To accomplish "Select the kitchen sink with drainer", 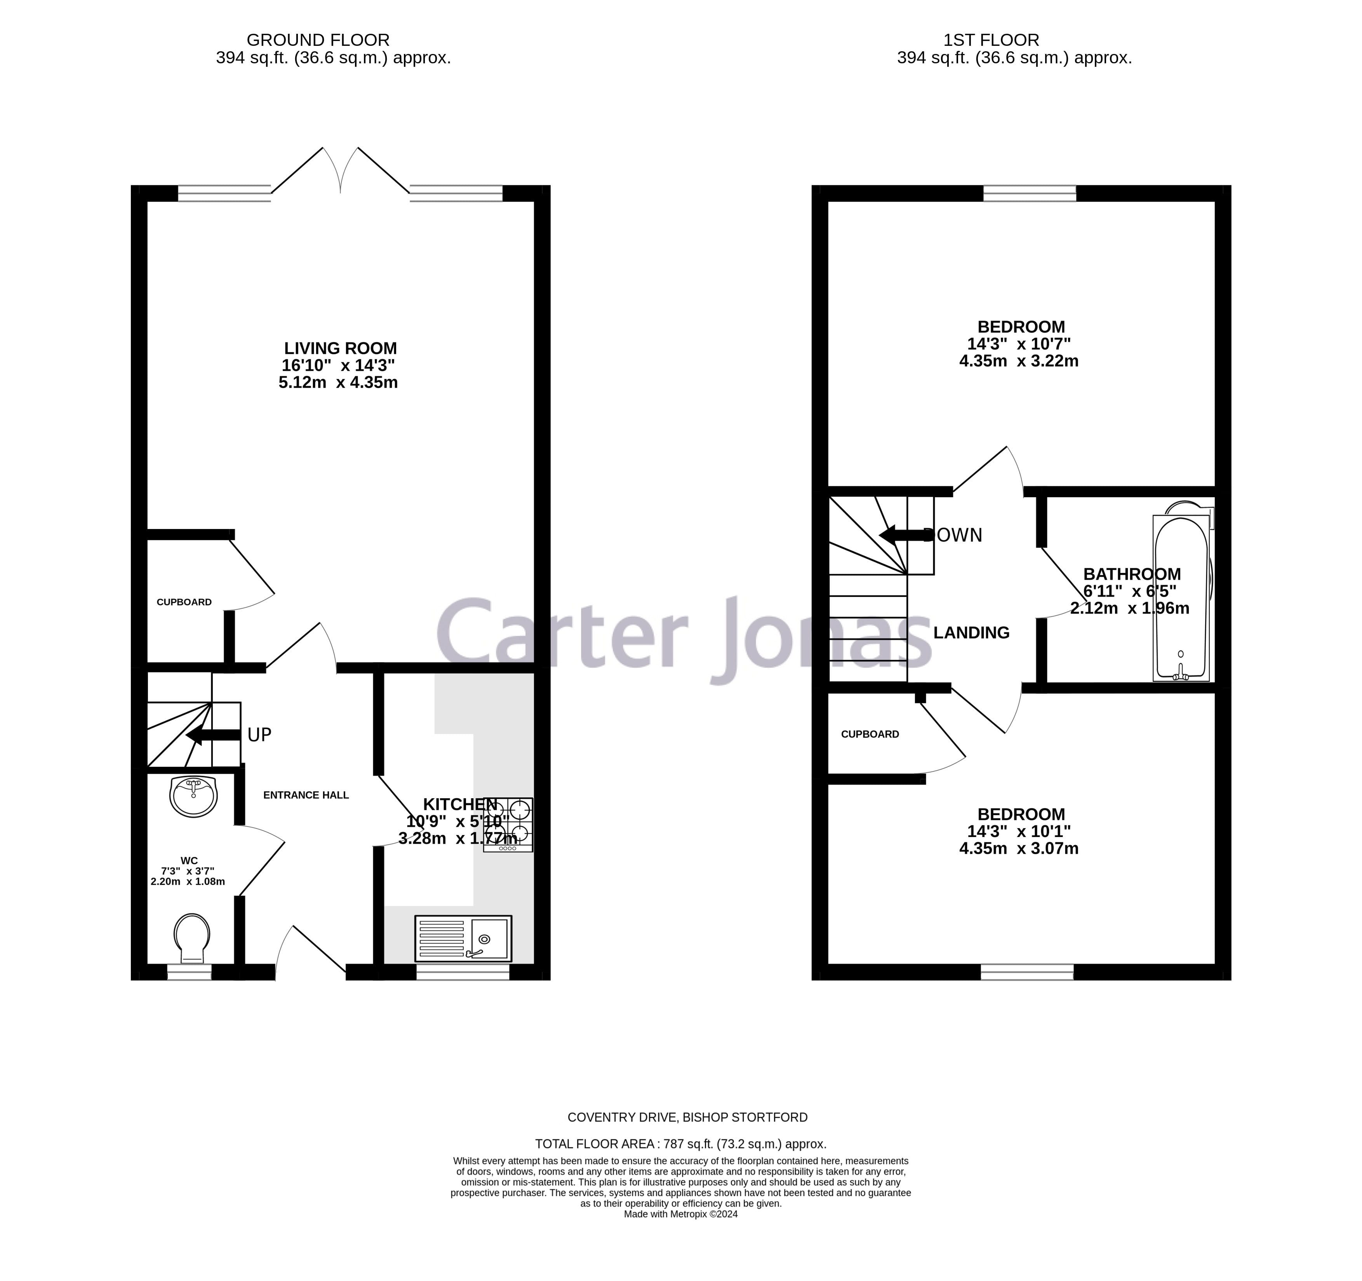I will tap(463, 938).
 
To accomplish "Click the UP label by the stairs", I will tap(259, 735).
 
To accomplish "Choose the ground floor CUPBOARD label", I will tap(184, 602).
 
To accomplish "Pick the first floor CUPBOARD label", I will tap(870, 734).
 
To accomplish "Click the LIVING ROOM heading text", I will tap(341, 348).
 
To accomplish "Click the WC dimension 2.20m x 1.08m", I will tap(188, 882).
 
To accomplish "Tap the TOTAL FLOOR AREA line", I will tap(680, 1144).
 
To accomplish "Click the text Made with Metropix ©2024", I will tap(680, 1214).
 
